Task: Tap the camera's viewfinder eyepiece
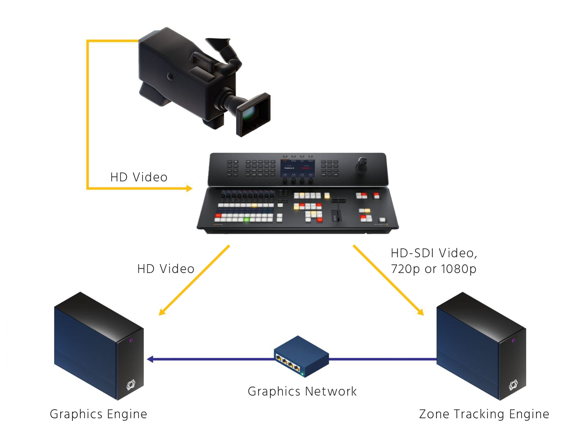click(x=217, y=42)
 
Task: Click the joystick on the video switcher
click(x=362, y=164)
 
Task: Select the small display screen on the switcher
click(x=298, y=168)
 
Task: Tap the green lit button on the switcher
click(x=246, y=219)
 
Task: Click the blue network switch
click(x=301, y=356)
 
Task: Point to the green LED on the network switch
click(x=302, y=374)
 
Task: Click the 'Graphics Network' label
click(x=302, y=391)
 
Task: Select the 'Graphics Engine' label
click(x=98, y=414)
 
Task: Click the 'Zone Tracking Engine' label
click(x=484, y=414)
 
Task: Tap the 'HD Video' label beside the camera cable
click(x=139, y=177)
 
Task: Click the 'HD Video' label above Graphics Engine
click(x=166, y=269)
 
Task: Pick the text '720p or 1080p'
click(x=433, y=269)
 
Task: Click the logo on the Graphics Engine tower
click(x=131, y=384)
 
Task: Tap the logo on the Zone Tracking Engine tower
click(x=513, y=384)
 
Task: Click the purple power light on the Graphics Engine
click(x=131, y=340)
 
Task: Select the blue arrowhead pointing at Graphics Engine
click(x=150, y=359)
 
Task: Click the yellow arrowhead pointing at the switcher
click(x=189, y=188)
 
